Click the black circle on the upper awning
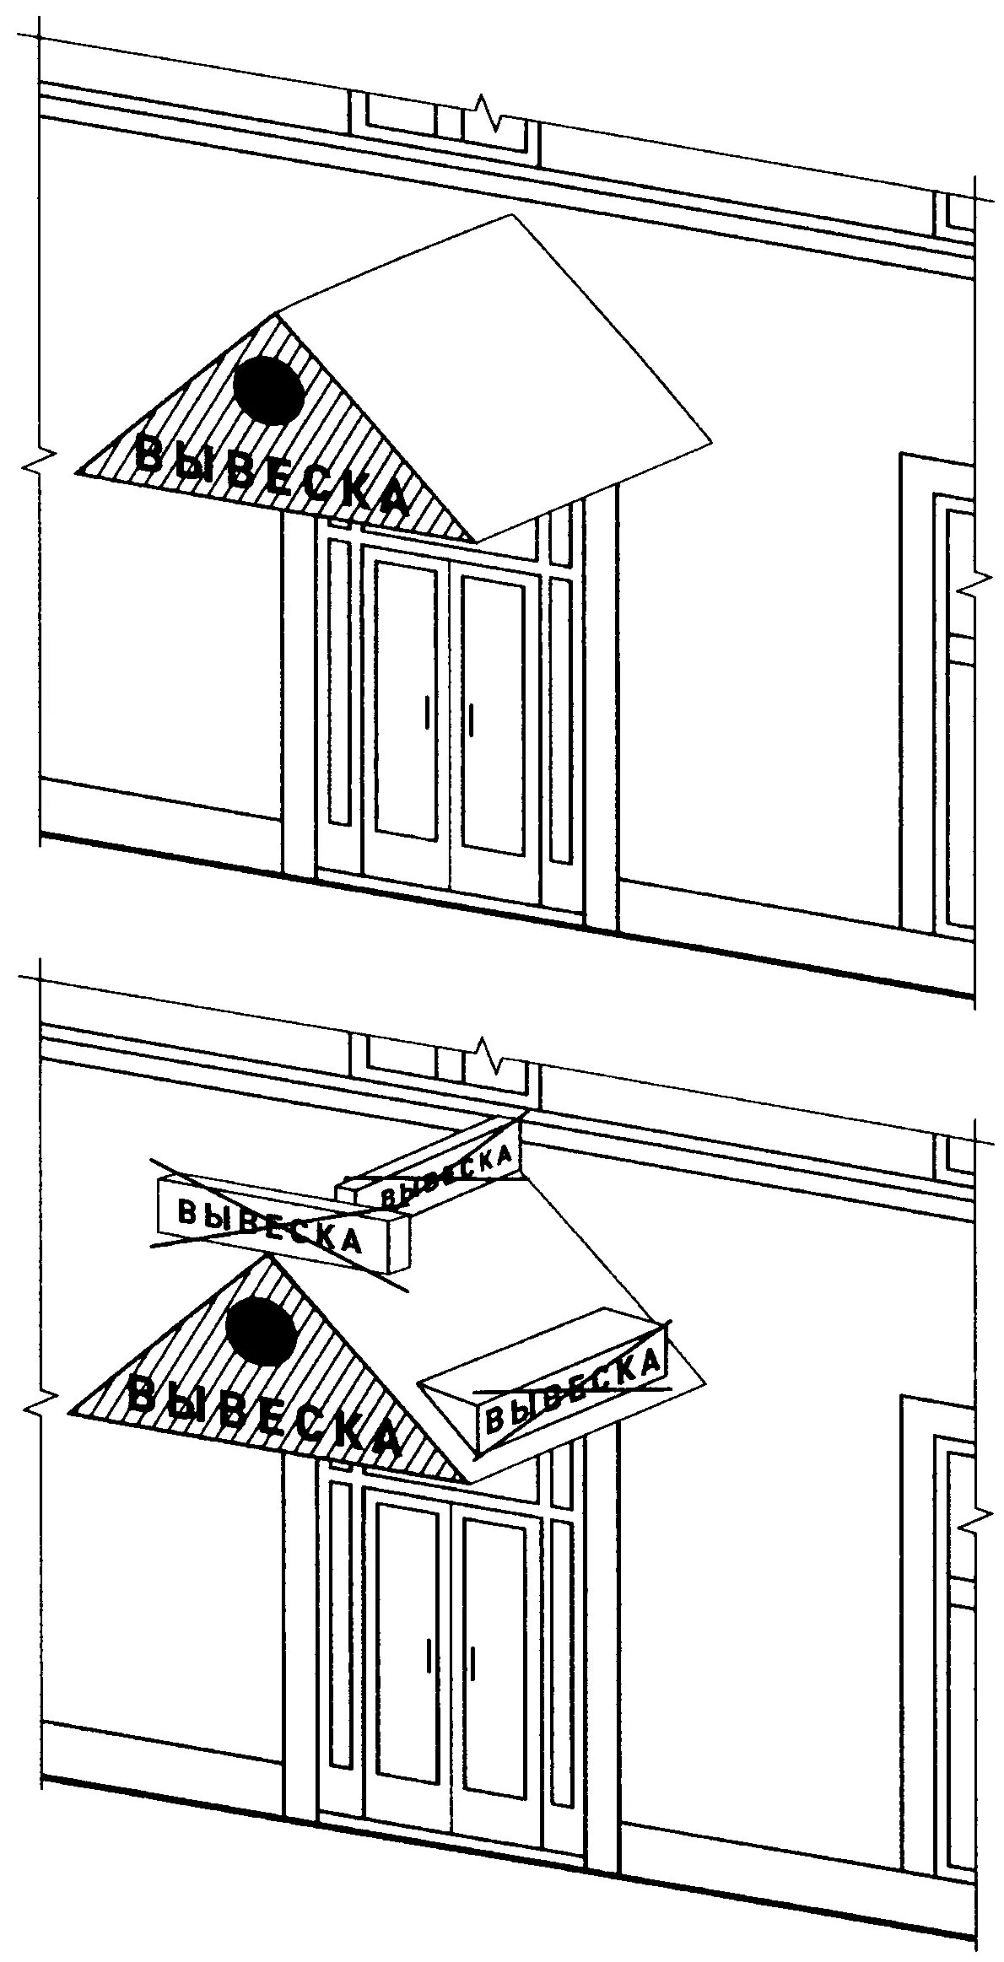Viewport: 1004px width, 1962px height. coord(268,389)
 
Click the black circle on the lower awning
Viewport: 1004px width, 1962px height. coord(262,1332)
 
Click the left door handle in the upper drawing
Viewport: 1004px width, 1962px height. coord(427,713)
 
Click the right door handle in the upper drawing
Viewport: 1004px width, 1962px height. coord(471,718)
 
